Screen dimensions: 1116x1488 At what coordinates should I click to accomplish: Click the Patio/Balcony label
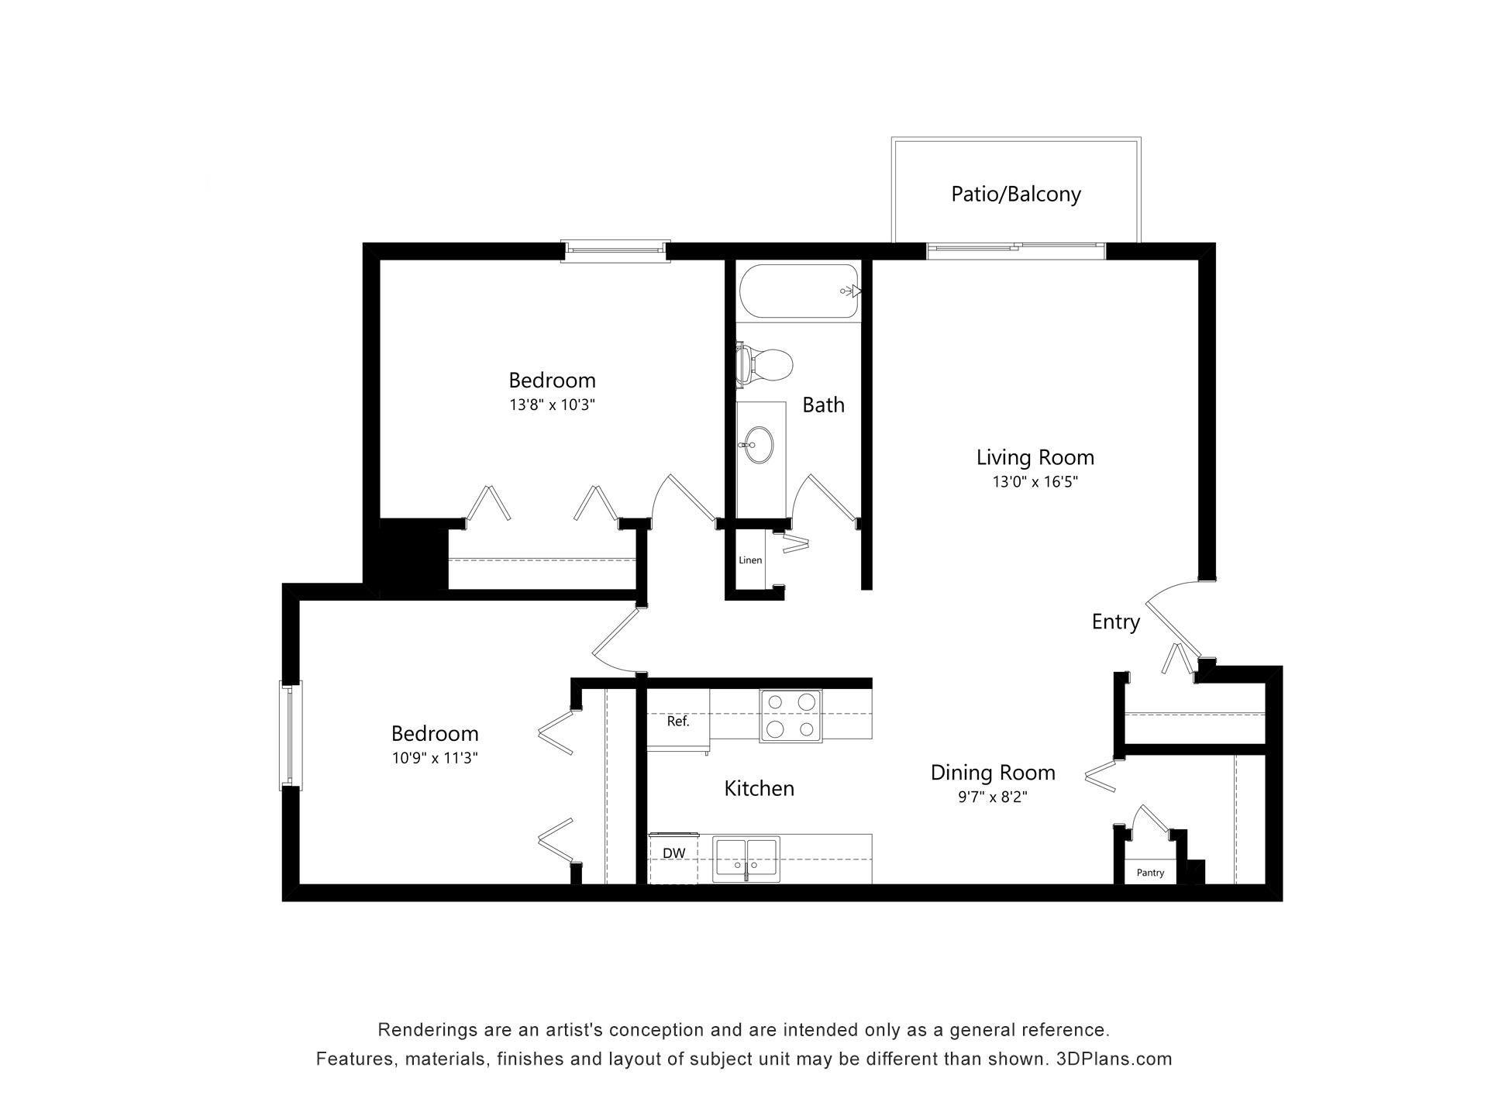(1015, 194)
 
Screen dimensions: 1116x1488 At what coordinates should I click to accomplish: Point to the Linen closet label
(749, 560)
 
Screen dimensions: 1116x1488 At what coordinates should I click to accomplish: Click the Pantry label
(1150, 873)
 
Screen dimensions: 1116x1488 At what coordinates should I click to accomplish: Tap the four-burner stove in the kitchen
(790, 716)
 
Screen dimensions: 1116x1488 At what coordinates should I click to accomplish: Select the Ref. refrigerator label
(677, 722)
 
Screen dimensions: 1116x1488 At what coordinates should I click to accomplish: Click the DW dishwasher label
(673, 853)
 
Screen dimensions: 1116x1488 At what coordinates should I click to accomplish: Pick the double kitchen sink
(746, 859)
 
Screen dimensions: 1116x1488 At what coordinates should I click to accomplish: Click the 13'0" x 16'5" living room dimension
(1035, 482)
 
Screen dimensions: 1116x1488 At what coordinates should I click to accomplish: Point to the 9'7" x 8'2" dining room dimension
(992, 797)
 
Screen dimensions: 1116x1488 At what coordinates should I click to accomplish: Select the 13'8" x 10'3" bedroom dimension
(552, 405)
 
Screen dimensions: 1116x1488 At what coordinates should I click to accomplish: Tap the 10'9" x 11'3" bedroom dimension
(434, 758)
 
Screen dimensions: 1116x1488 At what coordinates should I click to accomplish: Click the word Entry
(1115, 622)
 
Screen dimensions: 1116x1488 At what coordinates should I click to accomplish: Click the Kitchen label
(759, 789)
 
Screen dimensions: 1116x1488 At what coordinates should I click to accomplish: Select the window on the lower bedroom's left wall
(291, 735)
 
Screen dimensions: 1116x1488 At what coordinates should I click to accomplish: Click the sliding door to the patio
(1015, 249)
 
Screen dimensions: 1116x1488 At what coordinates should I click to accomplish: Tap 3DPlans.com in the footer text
(1114, 1059)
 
